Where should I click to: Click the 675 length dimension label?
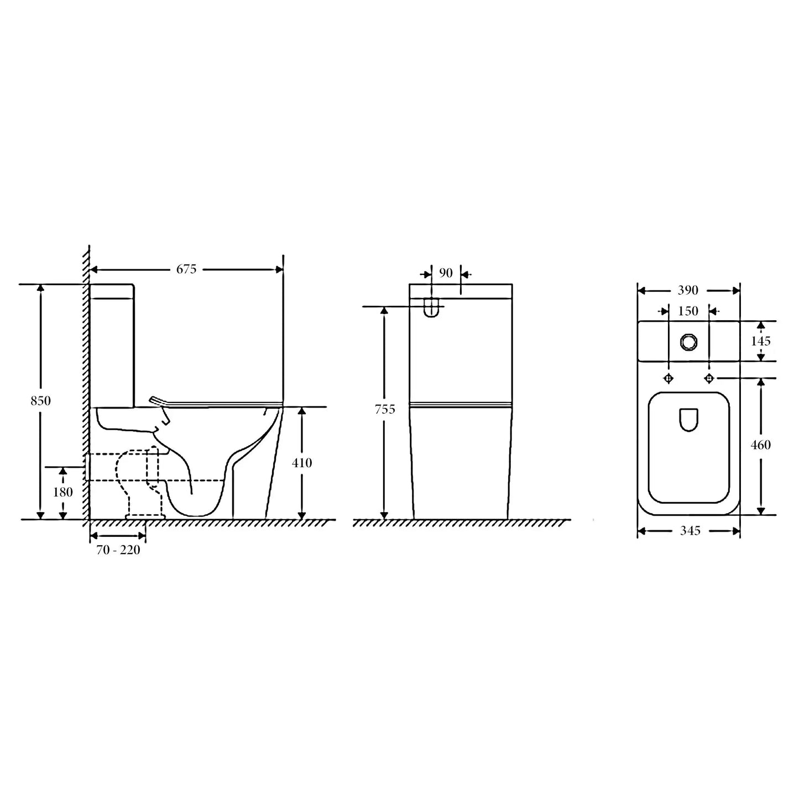[186, 269]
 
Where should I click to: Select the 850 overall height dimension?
[40, 400]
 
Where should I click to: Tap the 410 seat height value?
[301, 463]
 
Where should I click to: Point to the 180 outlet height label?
[62, 492]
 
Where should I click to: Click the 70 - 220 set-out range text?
[118, 550]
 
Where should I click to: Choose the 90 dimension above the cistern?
[446, 273]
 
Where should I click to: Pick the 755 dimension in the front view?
[385, 409]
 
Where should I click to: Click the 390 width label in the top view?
[688, 290]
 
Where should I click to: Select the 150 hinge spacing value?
[688, 311]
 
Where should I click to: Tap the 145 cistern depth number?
[761, 341]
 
